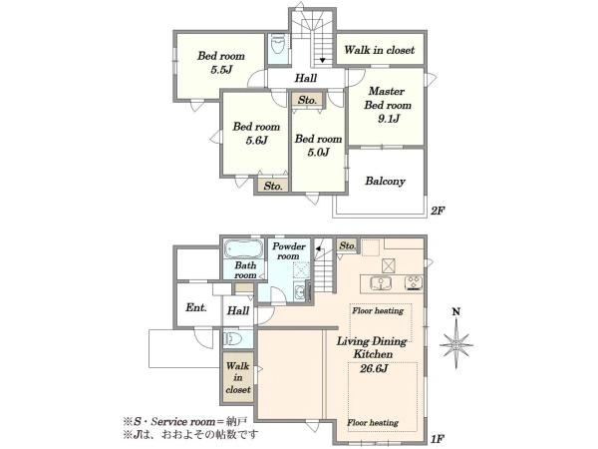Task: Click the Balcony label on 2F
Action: (385, 181)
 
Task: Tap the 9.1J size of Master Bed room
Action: (389, 119)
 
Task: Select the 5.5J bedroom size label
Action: (221, 70)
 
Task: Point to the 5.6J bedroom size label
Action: (256, 141)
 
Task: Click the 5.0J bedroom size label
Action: (318, 153)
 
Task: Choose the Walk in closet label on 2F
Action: (379, 50)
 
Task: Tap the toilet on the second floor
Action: (278, 44)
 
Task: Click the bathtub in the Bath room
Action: (243, 248)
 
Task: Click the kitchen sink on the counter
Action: (381, 283)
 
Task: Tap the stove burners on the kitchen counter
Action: (414, 283)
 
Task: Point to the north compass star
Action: (456, 344)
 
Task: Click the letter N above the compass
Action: (455, 312)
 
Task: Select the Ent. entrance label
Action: (196, 307)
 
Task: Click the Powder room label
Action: (289, 251)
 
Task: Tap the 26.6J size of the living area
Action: (374, 369)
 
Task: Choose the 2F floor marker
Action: (438, 211)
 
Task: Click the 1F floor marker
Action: (438, 439)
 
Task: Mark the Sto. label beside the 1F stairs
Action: (347, 245)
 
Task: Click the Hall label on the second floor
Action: (306, 78)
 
